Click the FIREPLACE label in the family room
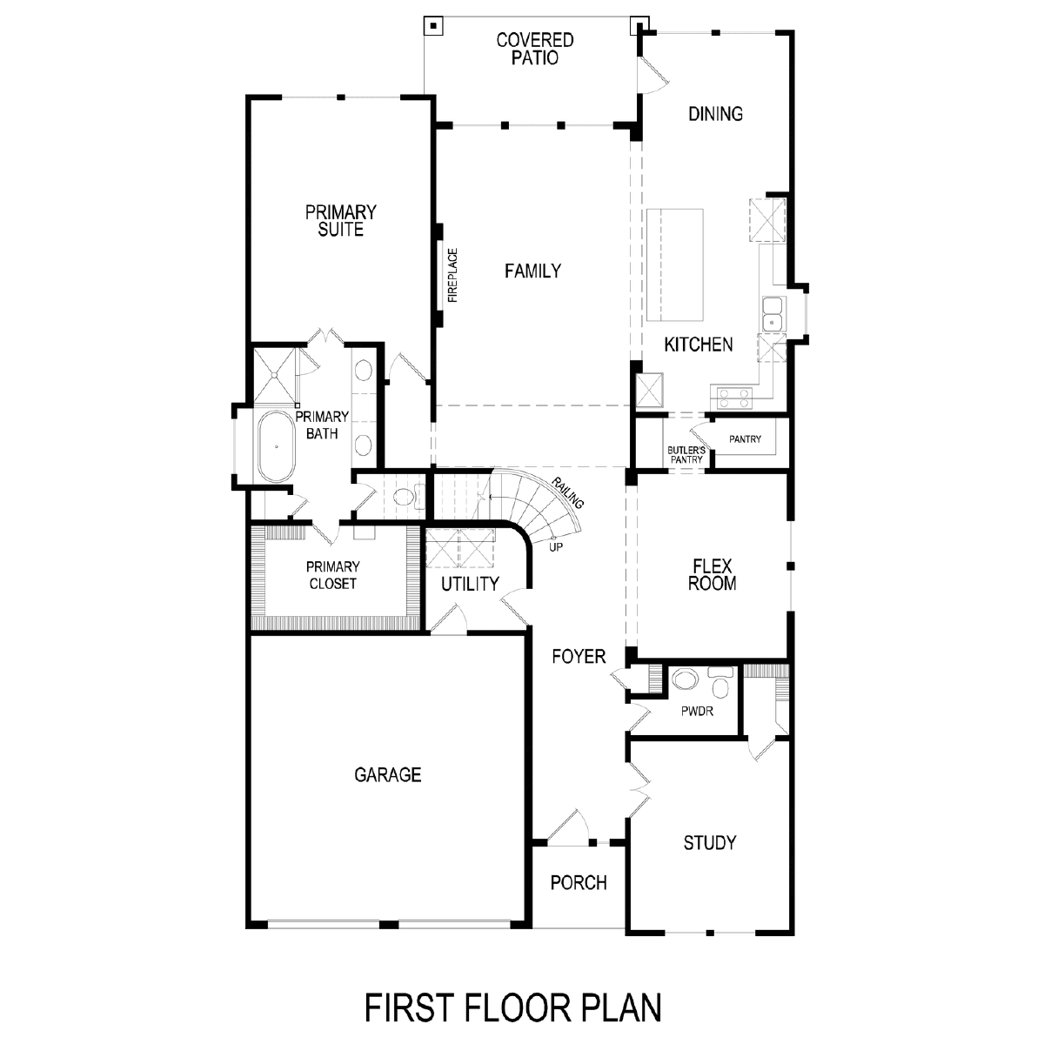pos(453,275)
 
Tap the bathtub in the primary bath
pos(277,446)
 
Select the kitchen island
pos(675,265)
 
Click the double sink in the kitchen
pos(773,314)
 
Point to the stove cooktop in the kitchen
pos(734,398)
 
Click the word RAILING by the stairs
pos(567,493)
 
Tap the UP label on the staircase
pos(556,547)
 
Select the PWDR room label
pos(697,712)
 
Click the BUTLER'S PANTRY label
pos(686,455)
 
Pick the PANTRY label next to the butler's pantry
pos(745,438)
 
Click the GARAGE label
pos(388,775)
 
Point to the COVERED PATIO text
pos(535,49)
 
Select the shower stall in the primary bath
pos(275,374)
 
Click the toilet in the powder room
pos(720,683)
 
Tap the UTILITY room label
pos(470,584)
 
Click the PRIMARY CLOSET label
pos(332,575)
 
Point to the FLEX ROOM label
pos(713,575)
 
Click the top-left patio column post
pos(433,25)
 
